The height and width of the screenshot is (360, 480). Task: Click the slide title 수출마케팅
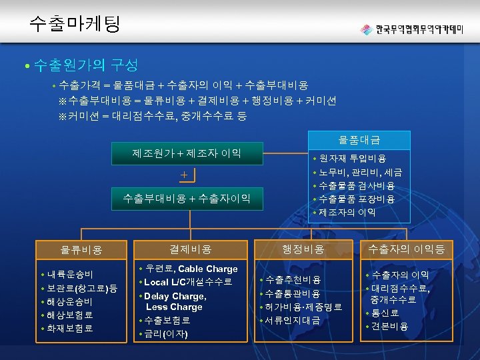[x=75, y=25]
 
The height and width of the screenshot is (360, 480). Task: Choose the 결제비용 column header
[x=191, y=249]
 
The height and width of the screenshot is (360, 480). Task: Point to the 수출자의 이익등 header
[x=406, y=249]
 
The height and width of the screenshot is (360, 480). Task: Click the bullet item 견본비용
[x=391, y=326]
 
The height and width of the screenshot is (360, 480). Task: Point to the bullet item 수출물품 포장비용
[x=357, y=199]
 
